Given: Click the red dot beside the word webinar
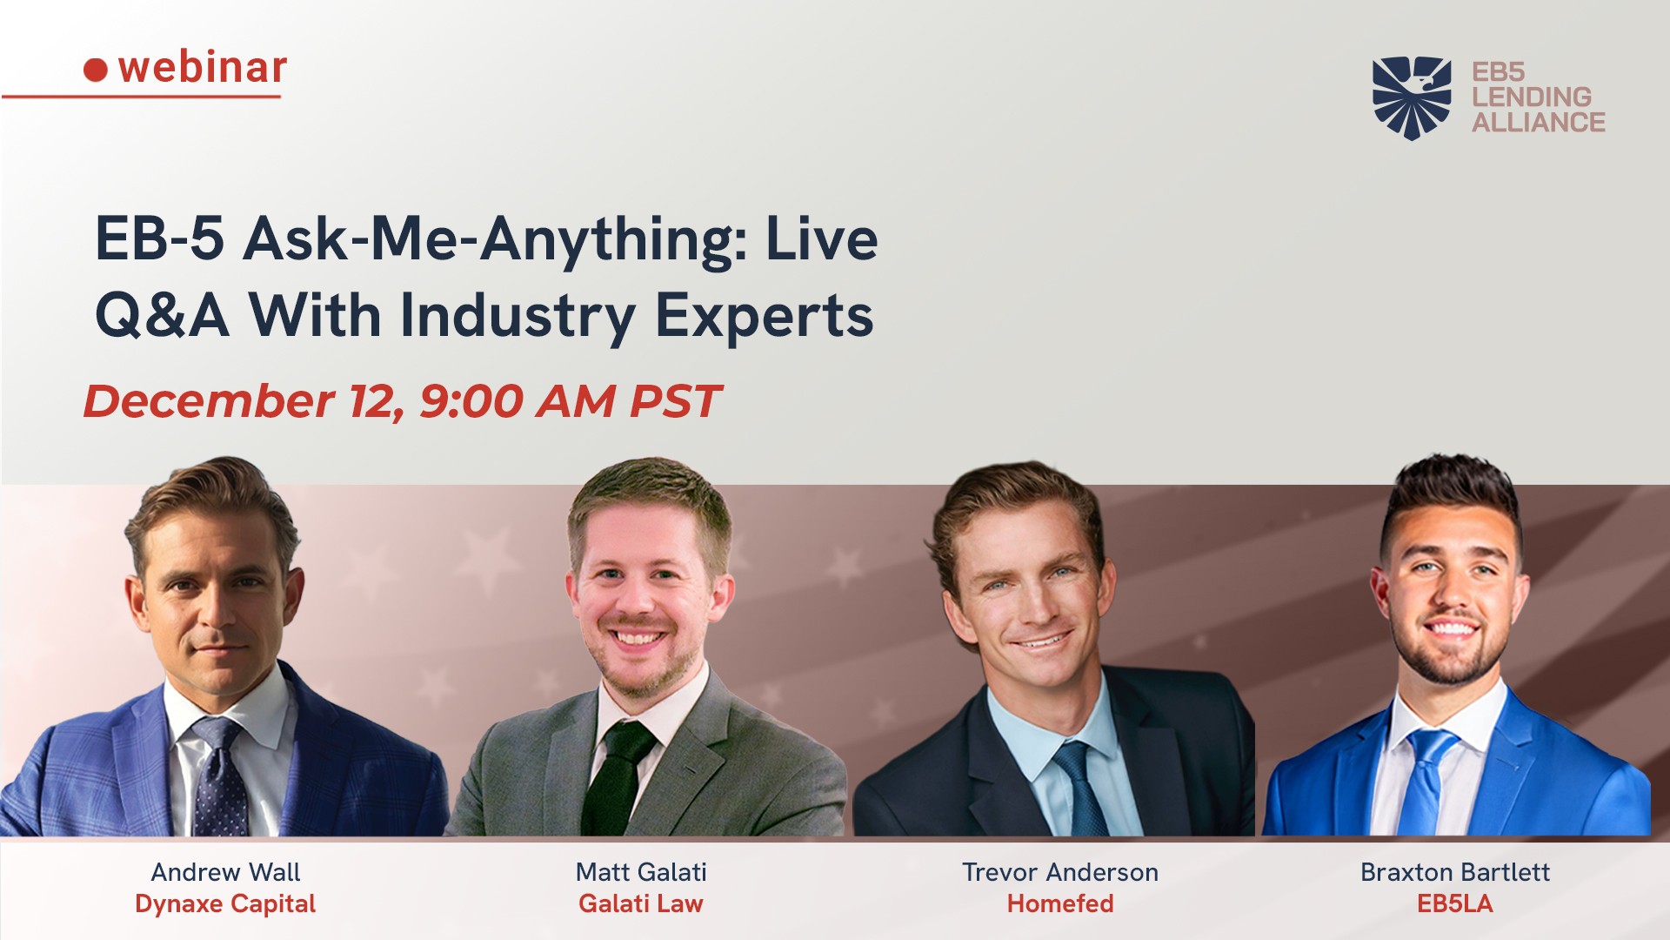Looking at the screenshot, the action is [x=96, y=70].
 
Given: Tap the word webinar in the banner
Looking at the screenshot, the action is [x=203, y=67].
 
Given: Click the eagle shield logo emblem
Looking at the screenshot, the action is [x=1412, y=97].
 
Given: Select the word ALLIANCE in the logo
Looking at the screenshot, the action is [x=1539, y=122].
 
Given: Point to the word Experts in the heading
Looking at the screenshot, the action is [x=764, y=317].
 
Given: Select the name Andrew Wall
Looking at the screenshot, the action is [x=225, y=872].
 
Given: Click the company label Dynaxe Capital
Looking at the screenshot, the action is [x=225, y=904].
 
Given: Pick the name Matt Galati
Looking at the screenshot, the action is [x=641, y=872].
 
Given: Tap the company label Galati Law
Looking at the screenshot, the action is [x=641, y=903].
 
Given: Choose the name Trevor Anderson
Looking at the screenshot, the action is [x=1060, y=872].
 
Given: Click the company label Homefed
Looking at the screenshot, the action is [x=1060, y=903].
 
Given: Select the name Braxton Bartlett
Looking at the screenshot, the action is [x=1455, y=872].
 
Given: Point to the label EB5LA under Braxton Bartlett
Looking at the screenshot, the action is [x=1455, y=903].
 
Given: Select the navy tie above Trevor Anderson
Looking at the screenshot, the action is [x=1082, y=789].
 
